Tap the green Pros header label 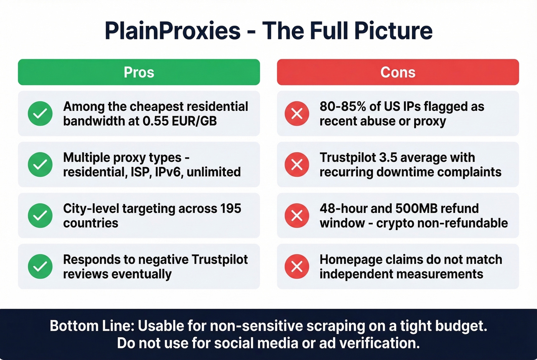point(139,72)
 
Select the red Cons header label point(398,72)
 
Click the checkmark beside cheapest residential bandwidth point(40,113)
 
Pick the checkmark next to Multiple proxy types point(40,164)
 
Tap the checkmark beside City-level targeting point(40,215)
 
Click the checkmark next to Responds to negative point(40,266)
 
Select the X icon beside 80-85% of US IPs point(297,113)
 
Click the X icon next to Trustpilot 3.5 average point(297,164)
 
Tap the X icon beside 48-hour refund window point(297,215)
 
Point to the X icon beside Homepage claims point(297,266)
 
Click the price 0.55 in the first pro point(155,121)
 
